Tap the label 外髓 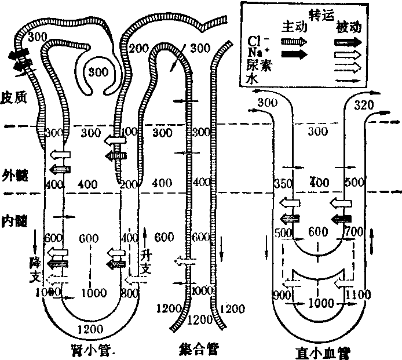14,173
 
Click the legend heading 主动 293,27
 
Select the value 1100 357,295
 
